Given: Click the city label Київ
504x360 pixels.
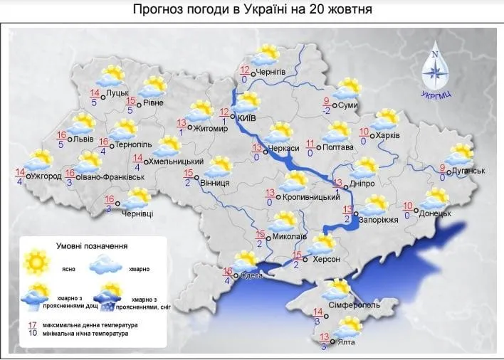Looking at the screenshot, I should click(246, 116).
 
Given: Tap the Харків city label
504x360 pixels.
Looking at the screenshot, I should click(388, 135).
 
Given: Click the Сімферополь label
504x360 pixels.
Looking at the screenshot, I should click(354, 305).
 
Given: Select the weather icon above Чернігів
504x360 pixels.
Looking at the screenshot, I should click(267, 54).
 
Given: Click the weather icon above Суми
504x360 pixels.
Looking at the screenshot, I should click(347, 89).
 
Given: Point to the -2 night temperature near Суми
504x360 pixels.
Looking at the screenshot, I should click(327, 110).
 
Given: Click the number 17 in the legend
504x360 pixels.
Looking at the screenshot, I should click(32, 325).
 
